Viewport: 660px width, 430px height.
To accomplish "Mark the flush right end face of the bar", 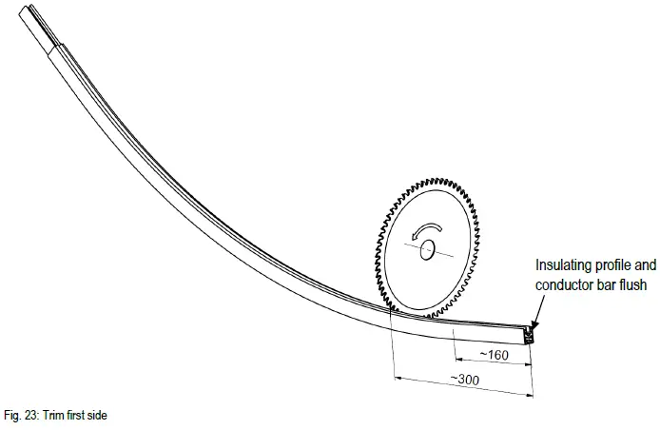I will click(530, 335).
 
